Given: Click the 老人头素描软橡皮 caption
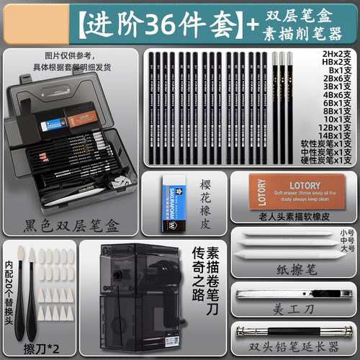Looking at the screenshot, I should point(294,217).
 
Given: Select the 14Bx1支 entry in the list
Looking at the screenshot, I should point(336,135).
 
